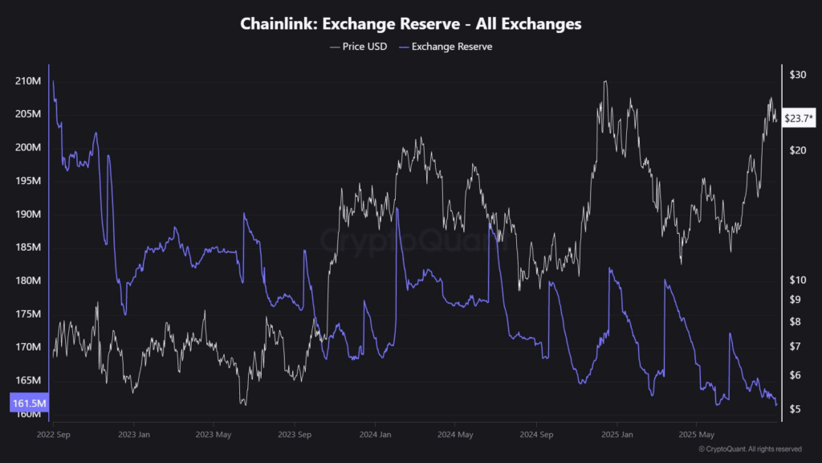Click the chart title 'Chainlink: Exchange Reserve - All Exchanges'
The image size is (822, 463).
411,24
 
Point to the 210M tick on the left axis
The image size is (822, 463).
27,81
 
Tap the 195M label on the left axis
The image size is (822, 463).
27,181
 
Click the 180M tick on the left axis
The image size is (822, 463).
27,281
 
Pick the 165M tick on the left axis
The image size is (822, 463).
27,380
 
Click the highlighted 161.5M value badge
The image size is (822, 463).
29,402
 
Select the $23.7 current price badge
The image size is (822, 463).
799,119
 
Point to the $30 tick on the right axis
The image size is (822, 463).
797,75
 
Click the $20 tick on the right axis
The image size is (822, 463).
797,150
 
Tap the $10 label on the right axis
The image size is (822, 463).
797,280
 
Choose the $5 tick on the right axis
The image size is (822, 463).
795,409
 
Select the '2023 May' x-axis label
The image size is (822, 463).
214,435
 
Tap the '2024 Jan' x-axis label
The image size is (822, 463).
374,435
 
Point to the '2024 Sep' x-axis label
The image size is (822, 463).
536,435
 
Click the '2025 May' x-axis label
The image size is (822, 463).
695,435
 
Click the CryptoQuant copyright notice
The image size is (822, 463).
750,449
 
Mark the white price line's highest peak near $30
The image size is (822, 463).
604,81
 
